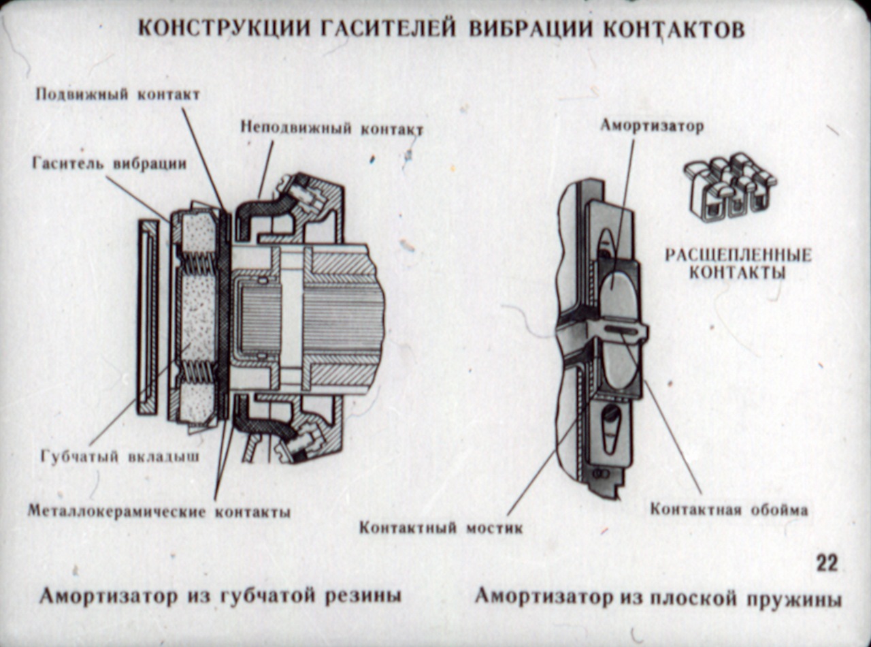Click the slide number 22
[826, 563]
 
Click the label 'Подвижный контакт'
[118, 95]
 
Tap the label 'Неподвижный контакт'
[331, 128]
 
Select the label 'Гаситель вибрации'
[109, 164]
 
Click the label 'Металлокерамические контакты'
[159, 511]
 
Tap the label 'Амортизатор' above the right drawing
[651, 126]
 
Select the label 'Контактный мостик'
[441, 527]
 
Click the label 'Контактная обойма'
[729, 509]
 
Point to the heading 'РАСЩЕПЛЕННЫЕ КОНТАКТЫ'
[738, 264]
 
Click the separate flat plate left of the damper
[147, 317]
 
